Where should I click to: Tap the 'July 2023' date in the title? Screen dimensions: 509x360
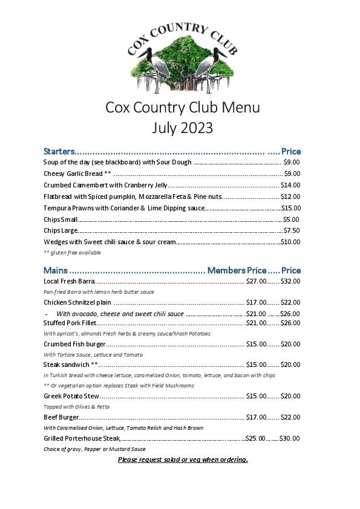[182, 128]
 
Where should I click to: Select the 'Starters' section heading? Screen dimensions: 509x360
[59, 151]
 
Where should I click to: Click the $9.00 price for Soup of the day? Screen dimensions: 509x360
[292, 162]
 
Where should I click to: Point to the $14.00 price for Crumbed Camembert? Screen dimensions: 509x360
[290, 185]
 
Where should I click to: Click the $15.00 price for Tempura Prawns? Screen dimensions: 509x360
[291, 208]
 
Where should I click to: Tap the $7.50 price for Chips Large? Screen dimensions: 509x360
[292, 230]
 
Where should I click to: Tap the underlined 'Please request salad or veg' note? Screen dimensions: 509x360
[183, 459]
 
